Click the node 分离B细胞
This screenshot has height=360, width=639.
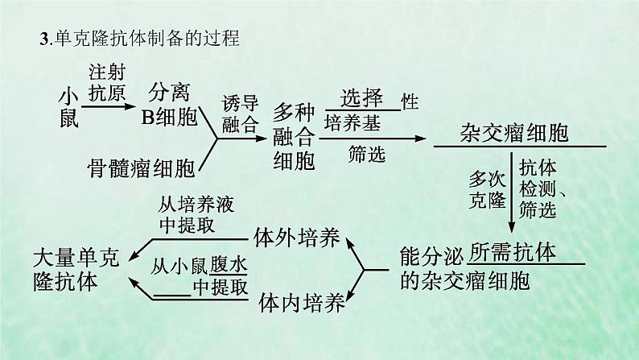(x=169, y=105)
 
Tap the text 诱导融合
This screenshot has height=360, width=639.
(x=241, y=114)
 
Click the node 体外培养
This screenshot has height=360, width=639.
(x=295, y=237)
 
